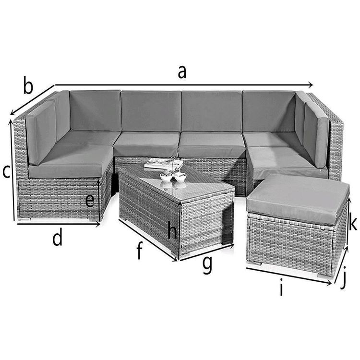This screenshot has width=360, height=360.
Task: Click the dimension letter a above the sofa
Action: pos(182,72)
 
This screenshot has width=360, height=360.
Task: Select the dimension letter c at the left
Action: pos(6,172)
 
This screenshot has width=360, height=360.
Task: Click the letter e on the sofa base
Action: pos(90,201)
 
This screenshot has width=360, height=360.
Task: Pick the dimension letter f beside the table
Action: pos(140,250)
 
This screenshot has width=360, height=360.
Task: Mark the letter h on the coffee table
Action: pos(172,229)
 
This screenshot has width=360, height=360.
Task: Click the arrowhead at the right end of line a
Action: pos(311,85)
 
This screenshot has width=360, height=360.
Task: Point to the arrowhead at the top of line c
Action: pos(11,122)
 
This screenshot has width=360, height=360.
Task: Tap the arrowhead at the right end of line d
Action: pos(98,225)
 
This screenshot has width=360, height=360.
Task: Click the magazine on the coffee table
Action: pos(164,164)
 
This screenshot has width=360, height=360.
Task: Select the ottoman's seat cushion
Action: pos(299,199)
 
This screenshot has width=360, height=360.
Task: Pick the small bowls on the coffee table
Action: pos(173,176)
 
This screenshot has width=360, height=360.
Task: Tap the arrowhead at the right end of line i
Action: pos(329,284)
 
